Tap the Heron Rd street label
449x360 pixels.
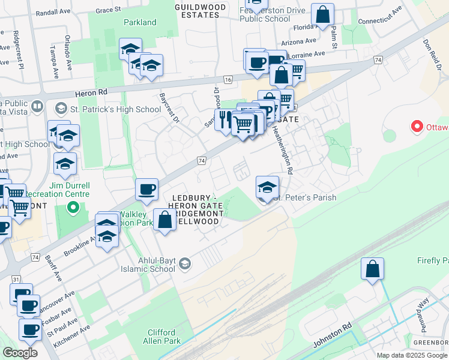(91, 94)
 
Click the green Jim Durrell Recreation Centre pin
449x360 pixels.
(73, 208)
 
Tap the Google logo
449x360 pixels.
(19, 353)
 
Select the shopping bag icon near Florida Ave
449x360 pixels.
(322, 15)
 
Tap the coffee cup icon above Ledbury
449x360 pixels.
(146, 190)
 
